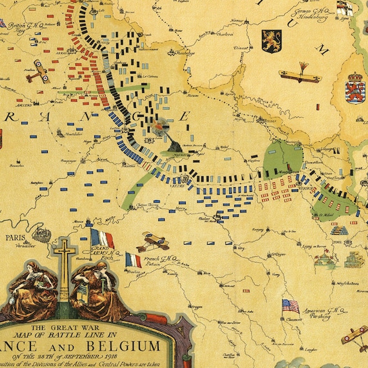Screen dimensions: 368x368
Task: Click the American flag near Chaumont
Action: (291, 305)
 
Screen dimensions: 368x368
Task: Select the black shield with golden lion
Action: (271, 41)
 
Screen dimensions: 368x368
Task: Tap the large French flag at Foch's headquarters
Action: (101, 238)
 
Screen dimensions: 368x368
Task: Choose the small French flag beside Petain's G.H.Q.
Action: (132, 260)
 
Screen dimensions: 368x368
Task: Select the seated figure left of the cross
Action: (40, 278)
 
